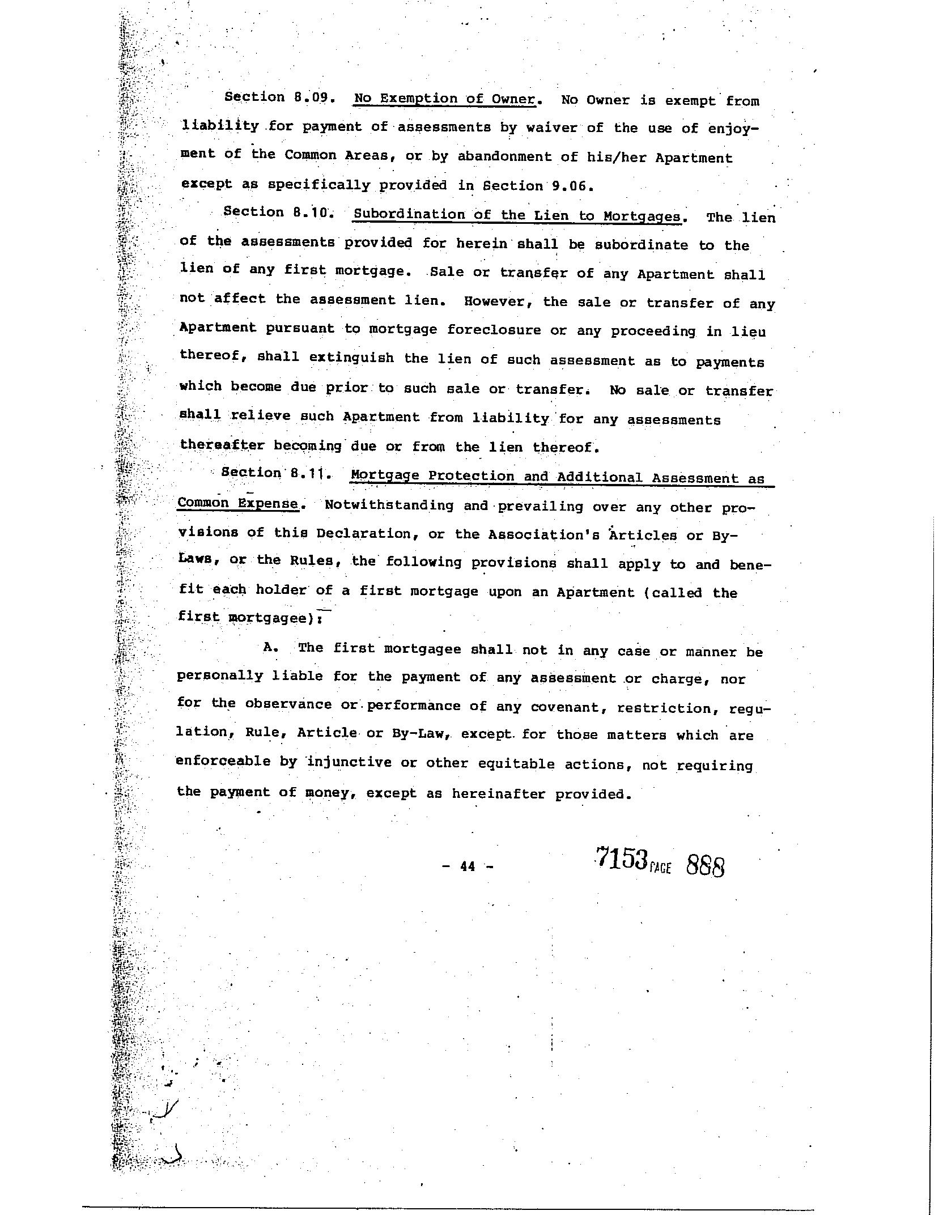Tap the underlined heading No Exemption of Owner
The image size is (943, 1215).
(444, 99)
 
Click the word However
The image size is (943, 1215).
(499, 301)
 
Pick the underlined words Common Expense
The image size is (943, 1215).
(237, 503)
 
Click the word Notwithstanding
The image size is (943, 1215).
(389, 505)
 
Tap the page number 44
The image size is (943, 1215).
(468, 866)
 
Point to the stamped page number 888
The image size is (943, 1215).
(706, 865)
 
